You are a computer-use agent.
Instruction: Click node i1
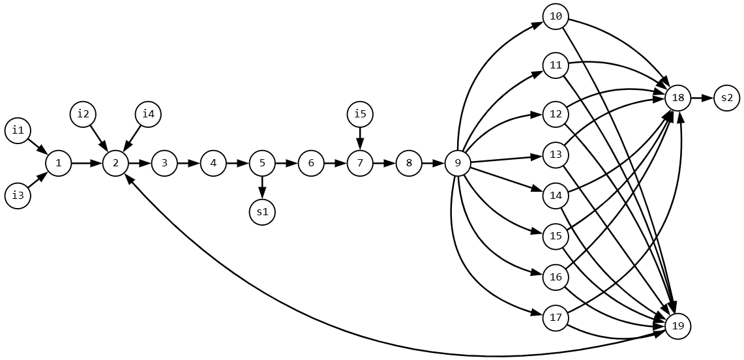[18, 130]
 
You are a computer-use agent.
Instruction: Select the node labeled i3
[18, 196]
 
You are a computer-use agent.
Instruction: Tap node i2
[83, 114]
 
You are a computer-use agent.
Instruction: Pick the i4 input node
[148, 114]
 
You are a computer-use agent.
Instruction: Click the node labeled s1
[262, 212]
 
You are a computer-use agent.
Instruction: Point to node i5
[360, 114]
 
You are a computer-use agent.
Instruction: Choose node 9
[458, 163]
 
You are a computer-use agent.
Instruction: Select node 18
[677, 98]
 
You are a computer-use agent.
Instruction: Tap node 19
[677, 326]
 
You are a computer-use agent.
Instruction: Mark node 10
[556, 16]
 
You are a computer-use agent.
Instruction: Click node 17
[556, 318]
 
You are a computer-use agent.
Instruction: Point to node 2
[115, 163]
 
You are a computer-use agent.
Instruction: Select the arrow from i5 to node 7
[360, 138]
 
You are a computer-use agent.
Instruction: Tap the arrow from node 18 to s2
[702, 98]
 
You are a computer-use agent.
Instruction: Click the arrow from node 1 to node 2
[87, 163]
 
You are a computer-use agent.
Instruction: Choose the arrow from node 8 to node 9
[433, 163]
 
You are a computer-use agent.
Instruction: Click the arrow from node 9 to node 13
[507, 159]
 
